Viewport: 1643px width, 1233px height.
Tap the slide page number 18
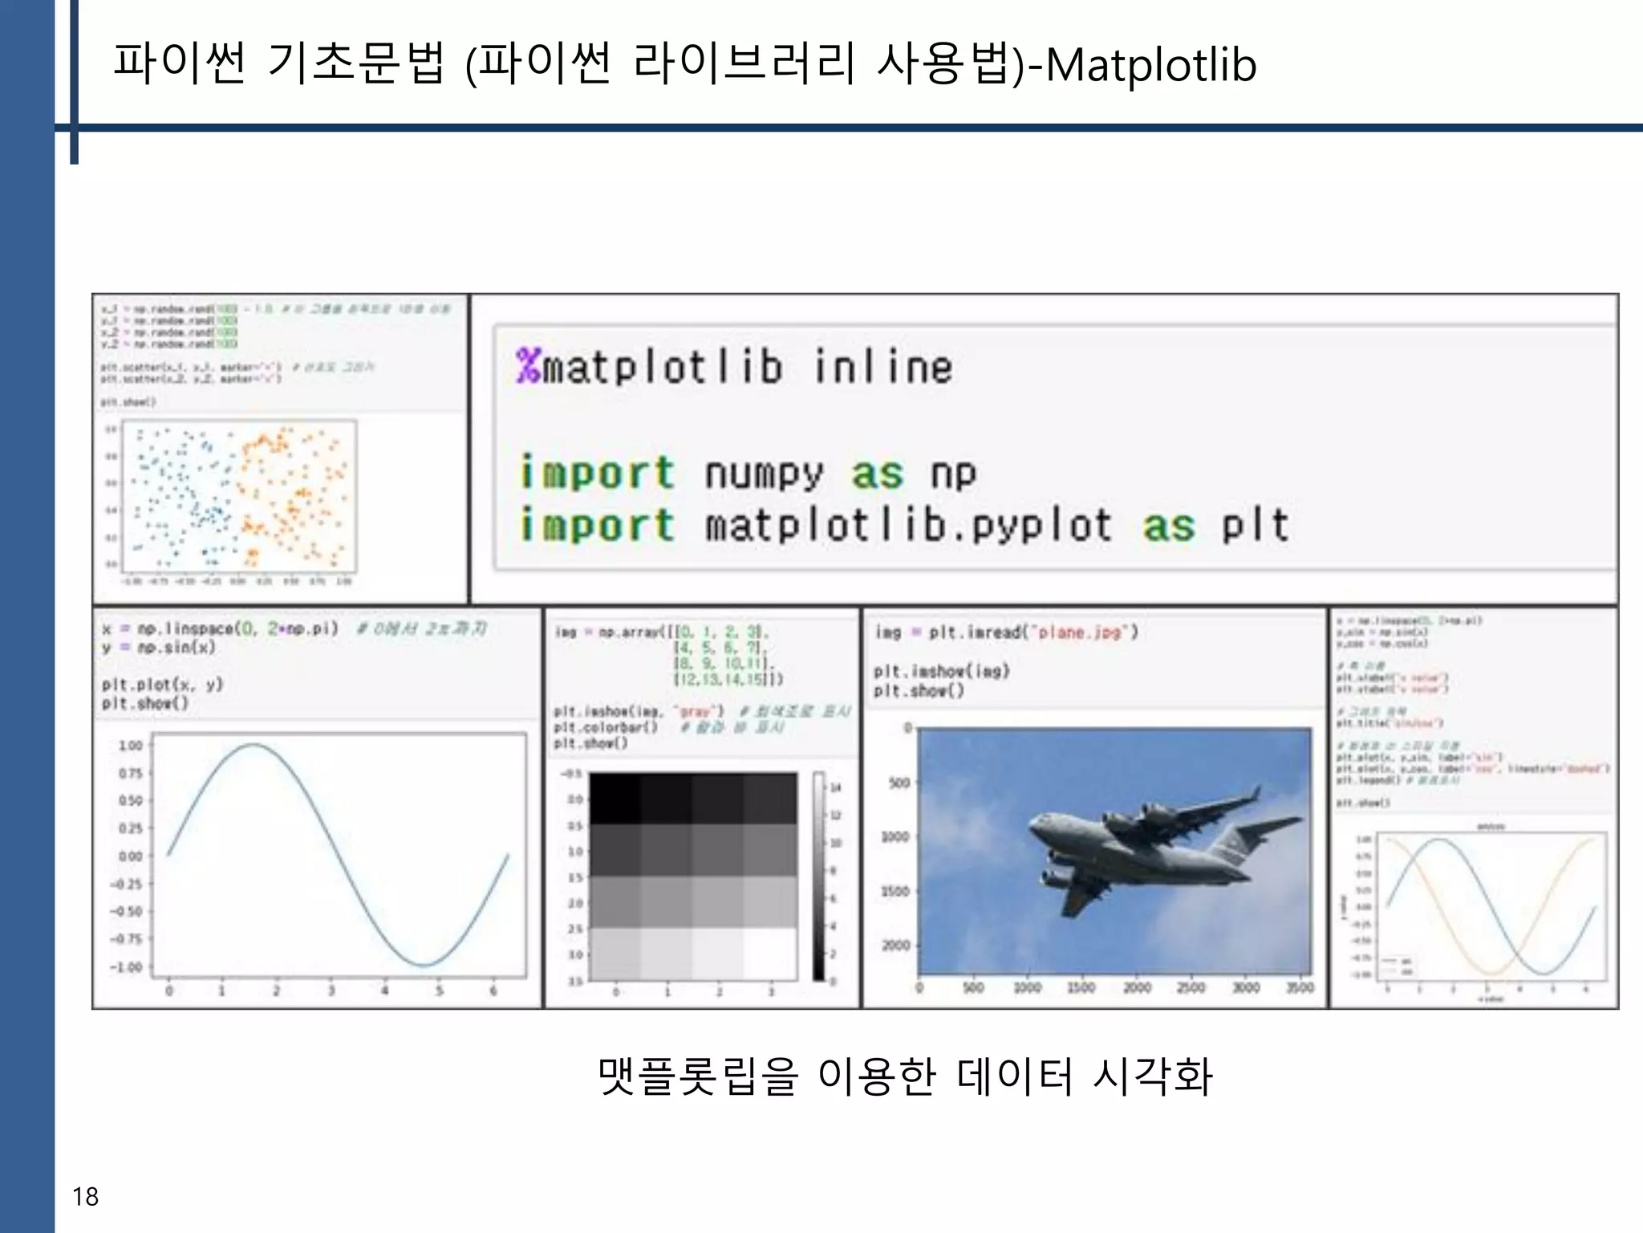85,1197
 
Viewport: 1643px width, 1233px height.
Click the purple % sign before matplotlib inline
529,366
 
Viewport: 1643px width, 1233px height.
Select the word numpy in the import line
764,474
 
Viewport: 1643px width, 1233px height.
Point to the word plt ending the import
1255,527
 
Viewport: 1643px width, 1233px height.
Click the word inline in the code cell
883,367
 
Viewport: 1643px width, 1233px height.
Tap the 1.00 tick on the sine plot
131,746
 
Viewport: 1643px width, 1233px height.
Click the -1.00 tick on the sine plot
127,966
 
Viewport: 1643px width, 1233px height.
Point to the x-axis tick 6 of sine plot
493,991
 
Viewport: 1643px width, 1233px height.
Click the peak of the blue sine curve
254,745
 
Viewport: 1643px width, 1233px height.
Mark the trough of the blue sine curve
424,964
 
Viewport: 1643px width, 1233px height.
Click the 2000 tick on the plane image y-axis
896,945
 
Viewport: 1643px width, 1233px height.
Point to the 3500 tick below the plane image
1300,987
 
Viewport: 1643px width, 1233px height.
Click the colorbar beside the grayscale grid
818,875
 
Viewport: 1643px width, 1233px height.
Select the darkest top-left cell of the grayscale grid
615,798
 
